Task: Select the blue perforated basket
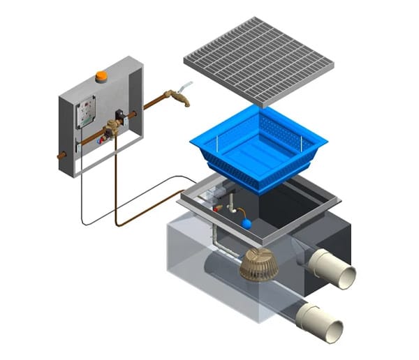click(x=258, y=150)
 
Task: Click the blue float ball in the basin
click(x=246, y=223)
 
